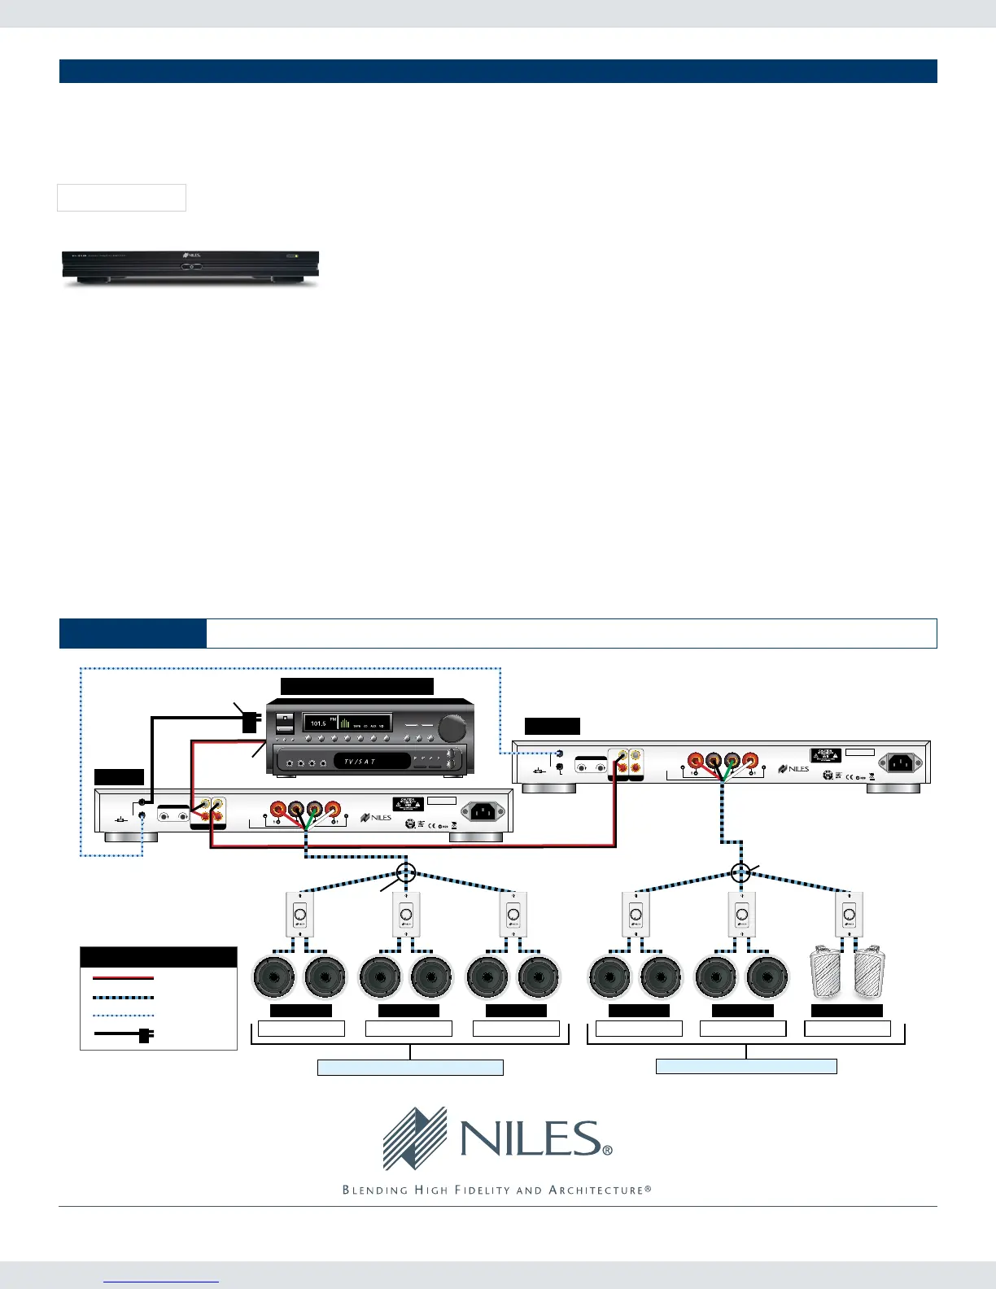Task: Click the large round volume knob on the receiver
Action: (x=452, y=727)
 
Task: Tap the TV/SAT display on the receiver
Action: (x=360, y=762)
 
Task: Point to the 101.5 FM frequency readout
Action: (x=320, y=723)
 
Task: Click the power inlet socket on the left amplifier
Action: (x=482, y=811)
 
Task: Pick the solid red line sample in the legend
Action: (x=124, y=978)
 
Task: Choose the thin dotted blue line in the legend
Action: (x=124, y=1016)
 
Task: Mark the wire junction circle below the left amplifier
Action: (x=406, y=874)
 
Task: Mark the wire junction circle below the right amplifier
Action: (x=740, y=873)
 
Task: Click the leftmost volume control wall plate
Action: (x=299, y=914)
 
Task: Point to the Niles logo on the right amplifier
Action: (x=793, y=768)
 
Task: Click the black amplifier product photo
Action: (x=191, y=268)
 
